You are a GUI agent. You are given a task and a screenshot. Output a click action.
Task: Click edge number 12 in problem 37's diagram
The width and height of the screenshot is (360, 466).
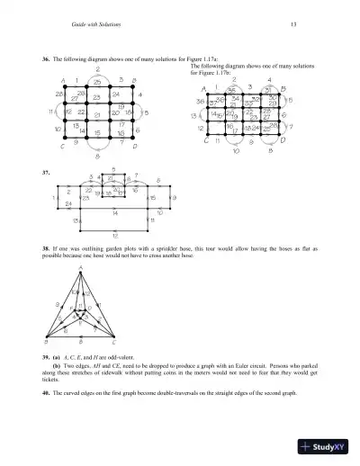112,235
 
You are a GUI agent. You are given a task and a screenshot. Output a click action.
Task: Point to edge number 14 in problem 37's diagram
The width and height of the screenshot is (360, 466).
115,214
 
